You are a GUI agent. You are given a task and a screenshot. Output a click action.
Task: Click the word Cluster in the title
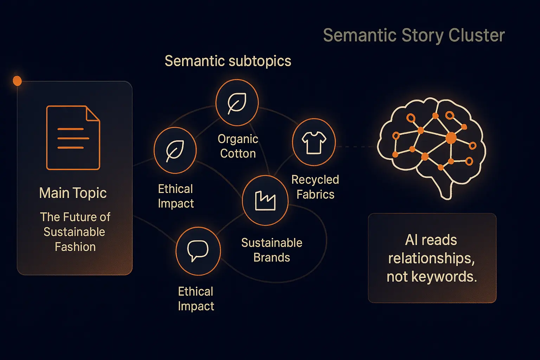point(476,35)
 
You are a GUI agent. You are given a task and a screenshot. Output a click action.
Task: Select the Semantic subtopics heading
point(228,61)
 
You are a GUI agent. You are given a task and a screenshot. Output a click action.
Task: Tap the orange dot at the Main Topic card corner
point(17,81)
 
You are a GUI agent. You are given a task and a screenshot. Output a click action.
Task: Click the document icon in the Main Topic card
point(73,138)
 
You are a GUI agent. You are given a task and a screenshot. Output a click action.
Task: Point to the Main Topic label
point(73,193)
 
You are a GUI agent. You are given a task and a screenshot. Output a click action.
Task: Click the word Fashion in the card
point(75,247)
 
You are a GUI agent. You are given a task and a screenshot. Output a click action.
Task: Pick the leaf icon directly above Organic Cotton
point(237,103)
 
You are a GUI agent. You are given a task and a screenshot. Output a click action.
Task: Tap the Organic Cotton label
point(238,146)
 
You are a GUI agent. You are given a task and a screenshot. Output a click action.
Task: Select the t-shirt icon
point(314,142)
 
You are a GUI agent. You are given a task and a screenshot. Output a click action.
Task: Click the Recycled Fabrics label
point(315,187)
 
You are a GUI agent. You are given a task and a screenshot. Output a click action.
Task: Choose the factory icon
point(265,201)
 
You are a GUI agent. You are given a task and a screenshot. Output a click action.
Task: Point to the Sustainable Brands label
point(272,250)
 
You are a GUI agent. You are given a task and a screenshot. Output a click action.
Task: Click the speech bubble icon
point(198,251)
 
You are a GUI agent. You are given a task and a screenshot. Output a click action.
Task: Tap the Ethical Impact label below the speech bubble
point(196,299)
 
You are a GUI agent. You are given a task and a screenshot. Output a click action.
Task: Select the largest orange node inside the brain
point(451,138)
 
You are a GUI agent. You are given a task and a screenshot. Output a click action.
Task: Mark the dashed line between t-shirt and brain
point(356,146)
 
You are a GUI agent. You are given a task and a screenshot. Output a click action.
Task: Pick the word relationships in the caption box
point(431,258)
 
